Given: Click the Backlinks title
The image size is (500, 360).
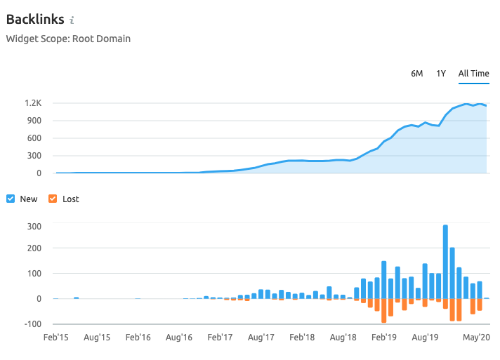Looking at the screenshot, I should (x=35, y=19).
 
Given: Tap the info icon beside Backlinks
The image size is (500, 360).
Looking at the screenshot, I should (x=72, y=20).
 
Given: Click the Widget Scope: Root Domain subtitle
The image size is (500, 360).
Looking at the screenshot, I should (x=68, y=39).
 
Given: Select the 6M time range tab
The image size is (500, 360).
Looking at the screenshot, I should (x=417, y=74).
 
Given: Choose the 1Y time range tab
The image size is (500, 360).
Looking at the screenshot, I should (x=441, y=74).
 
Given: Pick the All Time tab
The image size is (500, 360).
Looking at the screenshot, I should (x=473, y=74).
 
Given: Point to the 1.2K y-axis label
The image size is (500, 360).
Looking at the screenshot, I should (x=33, y=103).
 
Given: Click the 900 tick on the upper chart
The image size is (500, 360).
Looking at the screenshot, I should (x=35, y=121).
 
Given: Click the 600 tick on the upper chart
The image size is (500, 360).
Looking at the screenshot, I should (x=35, y=138).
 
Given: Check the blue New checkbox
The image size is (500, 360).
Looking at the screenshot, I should (x=11, y=199).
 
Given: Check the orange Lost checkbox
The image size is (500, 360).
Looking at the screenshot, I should (x=53, y=199).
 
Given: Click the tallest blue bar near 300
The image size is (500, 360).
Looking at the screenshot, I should (x=445, y=261).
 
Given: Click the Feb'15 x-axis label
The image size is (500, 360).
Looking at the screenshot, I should (x=56, y=338).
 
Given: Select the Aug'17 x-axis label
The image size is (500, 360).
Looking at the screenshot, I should (x=261, y=338).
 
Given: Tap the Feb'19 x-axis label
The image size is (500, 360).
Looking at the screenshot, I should (x=383, y=338).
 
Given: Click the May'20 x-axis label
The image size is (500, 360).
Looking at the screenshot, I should (x=476, y=338).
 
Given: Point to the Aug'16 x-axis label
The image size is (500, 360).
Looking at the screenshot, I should (x=179, y=338).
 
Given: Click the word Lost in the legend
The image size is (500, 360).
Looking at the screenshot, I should (x=71, y=199).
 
